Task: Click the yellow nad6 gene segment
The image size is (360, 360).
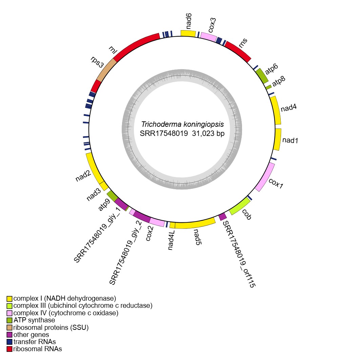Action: pyautogui.click(x=188, y=33)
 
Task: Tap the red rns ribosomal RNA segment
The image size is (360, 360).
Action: pyautogui.click(x=238, y=50)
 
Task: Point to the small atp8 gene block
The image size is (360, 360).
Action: pyautogui.click(x=268, y=87)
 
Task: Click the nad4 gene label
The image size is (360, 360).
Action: pyautogui.click(x=289, y=108)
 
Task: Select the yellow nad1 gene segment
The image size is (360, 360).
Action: pyautogui.click(x=278, y=139)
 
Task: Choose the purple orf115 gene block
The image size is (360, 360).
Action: pyautogui.click(x=222, y=216)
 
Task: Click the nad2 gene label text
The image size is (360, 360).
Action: pyautogui.click(x=83, y=176)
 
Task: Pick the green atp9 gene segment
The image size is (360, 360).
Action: pyautogui.click(x=112, y=196)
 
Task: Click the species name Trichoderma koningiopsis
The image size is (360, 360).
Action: pyautogui.click(x=182, y=124)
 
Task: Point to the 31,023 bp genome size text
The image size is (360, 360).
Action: pyautogui.click(x=208, y=134)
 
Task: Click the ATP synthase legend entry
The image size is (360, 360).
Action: pyautogui.click(x=34, y=320)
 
